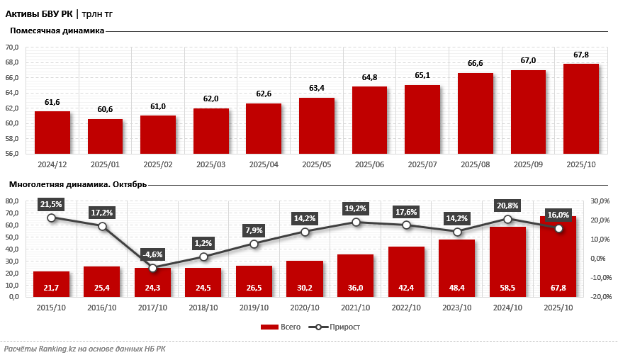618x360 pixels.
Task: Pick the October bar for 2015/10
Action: (51, 283)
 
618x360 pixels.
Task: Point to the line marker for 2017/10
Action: (152, 268)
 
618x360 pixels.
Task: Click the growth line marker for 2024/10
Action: (507, 219)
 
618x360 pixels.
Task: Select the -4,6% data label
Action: (152, 254)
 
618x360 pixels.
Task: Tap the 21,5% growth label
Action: (51, 204)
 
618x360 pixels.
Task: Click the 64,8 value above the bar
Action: (369, 77)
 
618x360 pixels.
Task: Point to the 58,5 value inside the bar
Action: (507, 288)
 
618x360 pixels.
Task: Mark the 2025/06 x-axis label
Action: (369, 164)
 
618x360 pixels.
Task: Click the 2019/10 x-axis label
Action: (254, 308)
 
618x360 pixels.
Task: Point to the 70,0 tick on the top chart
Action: (12, 47)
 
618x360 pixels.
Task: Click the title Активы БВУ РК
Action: (38, 13)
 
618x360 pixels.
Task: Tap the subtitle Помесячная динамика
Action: (57, 30)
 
